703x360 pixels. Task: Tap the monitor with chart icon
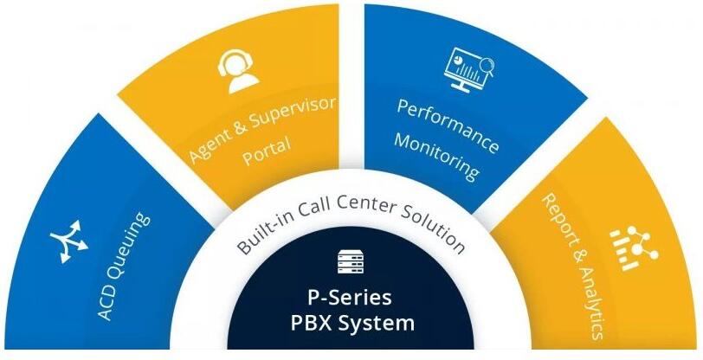[x=468, y=68]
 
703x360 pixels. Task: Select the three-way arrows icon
[x=69, y=241]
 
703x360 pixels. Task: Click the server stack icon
[x=351, y=262]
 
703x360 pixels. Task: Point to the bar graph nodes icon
[x=634, y=247]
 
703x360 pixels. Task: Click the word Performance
[x=448, y=126]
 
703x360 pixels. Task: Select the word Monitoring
[x=435, y=157]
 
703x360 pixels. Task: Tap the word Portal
[x=267, y=151]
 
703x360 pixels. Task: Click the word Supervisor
[x=293, y=115]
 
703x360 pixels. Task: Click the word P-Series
[x=343, y=297]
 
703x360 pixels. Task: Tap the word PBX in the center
[x=312, y=323]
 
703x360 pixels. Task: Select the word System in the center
[x=377, y=324]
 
